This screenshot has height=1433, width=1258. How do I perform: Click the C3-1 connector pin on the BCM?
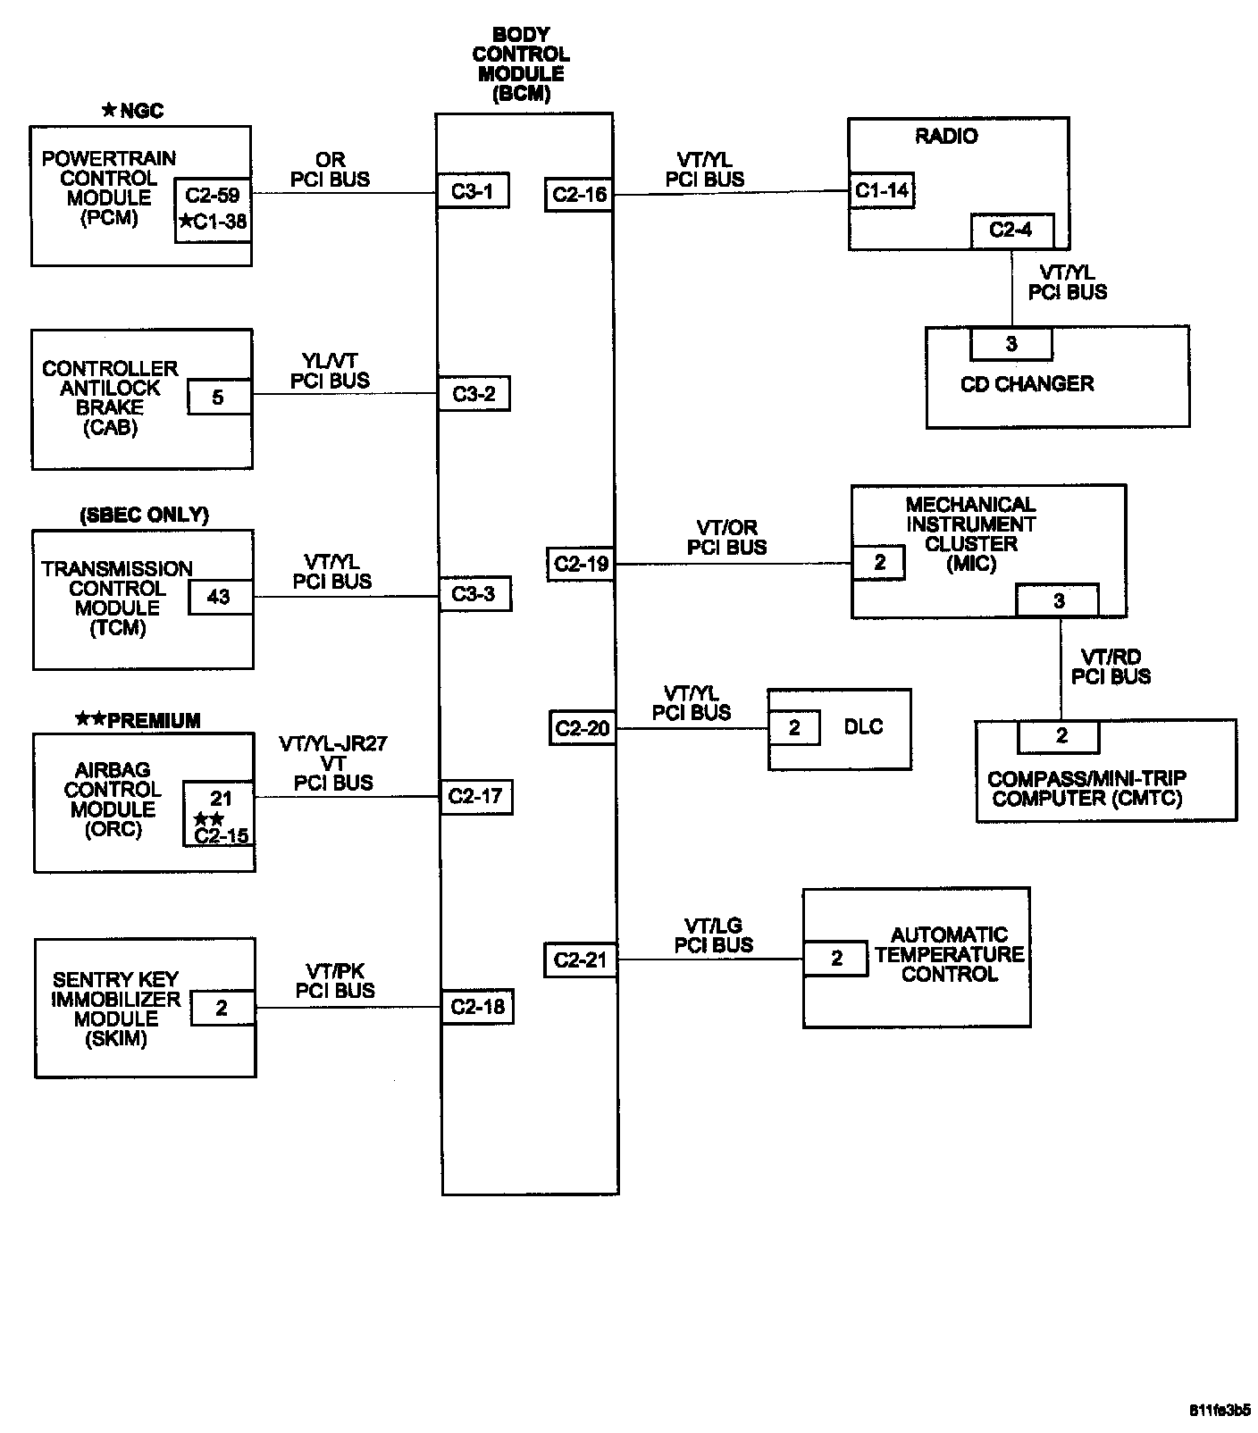point(473,191)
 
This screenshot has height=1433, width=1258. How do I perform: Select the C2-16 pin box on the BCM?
point(579,195)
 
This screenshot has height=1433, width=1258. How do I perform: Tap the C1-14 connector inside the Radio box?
point(882,190)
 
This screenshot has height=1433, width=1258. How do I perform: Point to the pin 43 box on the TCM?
point(220,597)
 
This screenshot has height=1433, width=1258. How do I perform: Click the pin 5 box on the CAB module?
point(218,398)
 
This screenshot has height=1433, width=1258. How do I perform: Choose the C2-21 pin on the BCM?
point(580,960)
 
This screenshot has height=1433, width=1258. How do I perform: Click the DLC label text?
point(863,727)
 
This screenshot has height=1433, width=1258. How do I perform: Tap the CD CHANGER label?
point(1027,384)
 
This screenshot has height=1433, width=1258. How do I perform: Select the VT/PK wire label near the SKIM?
point(335,971)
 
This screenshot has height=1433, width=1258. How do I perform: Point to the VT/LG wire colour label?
point(713,926)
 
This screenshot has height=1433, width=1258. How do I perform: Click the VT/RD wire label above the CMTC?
point(1111,658)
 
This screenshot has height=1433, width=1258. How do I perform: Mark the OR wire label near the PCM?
point(330,160)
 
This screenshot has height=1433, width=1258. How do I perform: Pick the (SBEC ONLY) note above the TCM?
point(144,515)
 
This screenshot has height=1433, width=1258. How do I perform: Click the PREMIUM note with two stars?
point(138,720)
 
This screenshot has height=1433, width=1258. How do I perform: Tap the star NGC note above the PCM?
point(132,111)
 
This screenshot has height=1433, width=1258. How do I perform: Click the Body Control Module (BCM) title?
point(521,64)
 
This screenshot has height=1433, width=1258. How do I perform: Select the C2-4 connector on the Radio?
point(1011,230)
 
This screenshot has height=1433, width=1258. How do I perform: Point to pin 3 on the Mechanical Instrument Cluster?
point(1059,601)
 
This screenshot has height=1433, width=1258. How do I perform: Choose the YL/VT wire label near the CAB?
point(330,361)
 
